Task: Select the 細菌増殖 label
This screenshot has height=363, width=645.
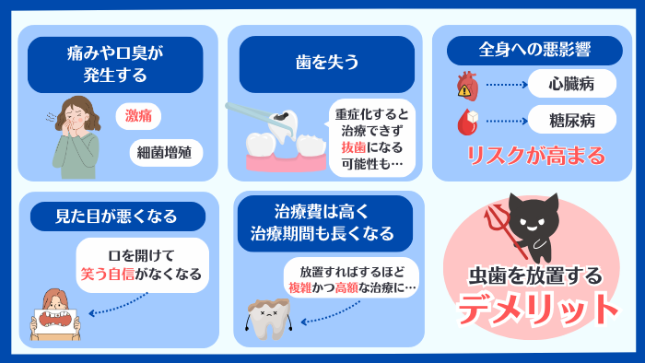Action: click(166, 153)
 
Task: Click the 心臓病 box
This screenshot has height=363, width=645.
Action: click(571, 85)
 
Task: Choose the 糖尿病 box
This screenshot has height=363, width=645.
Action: click(571, 121)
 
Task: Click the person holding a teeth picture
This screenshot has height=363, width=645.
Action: click(55, 316)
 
